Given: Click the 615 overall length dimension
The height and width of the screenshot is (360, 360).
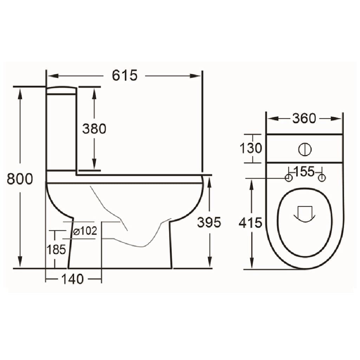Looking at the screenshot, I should (124, 76).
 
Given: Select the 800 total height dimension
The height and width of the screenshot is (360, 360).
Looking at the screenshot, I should (20, 179).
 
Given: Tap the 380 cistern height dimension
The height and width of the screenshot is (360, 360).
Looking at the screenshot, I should (94, 129).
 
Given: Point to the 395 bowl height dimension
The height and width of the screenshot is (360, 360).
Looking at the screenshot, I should (209, 222).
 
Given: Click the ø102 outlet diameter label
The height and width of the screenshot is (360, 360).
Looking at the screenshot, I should (85, 231).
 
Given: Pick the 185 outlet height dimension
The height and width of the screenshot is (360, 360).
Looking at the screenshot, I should (57, 249).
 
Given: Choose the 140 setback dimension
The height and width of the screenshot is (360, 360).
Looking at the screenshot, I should (73, 279).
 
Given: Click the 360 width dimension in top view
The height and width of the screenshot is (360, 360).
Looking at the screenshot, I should (304, 119).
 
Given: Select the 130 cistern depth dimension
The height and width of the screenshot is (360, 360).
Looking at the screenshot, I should (251, 149).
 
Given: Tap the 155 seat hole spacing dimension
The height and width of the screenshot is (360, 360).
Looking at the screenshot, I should (304, 172).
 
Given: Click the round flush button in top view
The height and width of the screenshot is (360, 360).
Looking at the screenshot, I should (305, 149).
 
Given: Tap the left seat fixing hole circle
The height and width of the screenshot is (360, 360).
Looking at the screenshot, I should (288, 178).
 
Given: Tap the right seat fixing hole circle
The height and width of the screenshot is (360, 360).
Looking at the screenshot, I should (321, 178).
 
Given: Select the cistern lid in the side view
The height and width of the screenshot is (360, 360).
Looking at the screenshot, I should (62, 91).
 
